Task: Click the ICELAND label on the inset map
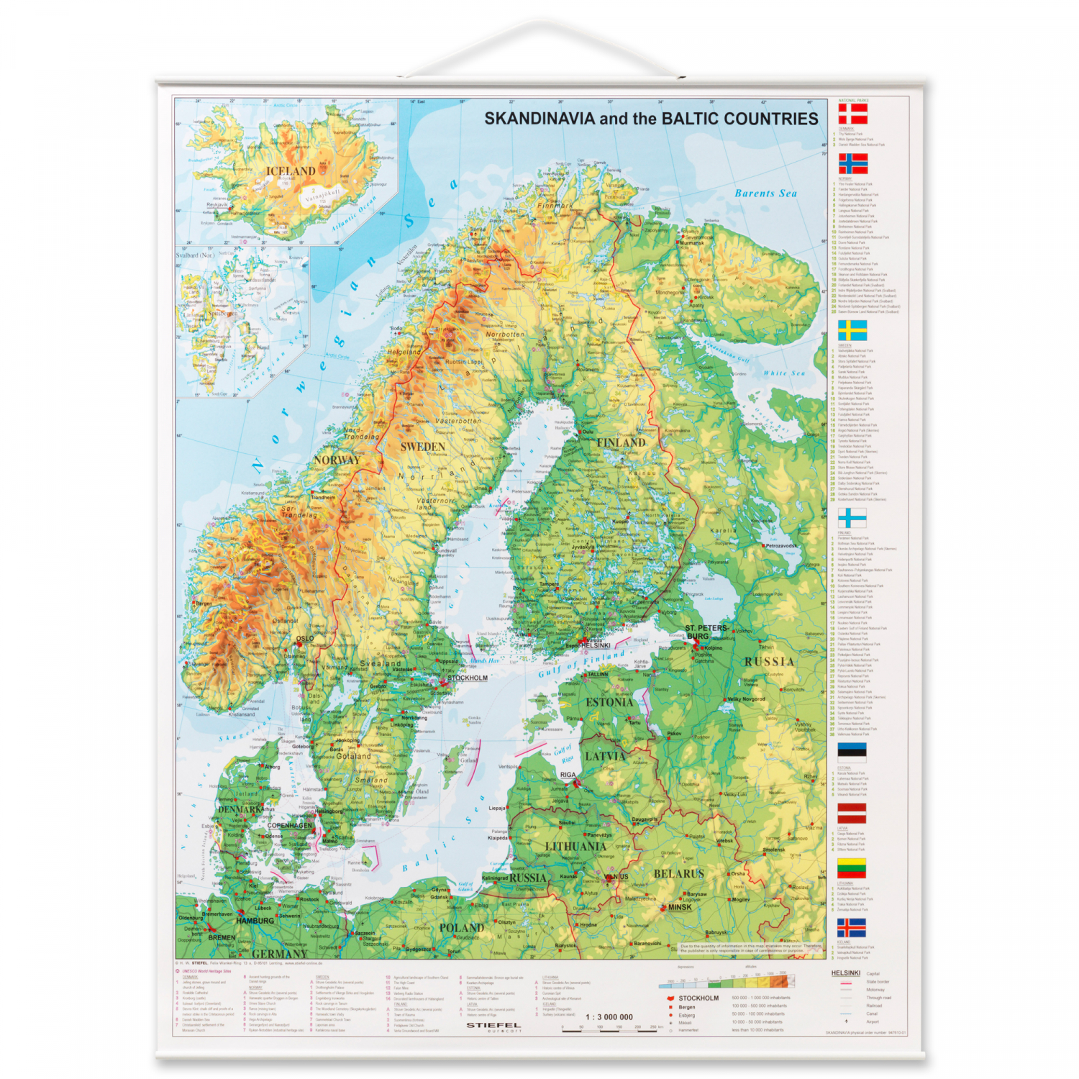tap(291, 171)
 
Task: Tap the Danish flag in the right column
tap(852, 114)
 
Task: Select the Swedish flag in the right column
tap(852, 330)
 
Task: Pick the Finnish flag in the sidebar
tap(852, 518)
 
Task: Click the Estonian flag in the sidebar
tap(852, 752)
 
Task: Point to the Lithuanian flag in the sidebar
tap(852, 868)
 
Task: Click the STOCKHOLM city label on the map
tap(468, 678)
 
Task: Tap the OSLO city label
tap(305, 638)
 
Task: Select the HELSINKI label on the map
tap(596, 645)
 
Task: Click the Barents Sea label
tap(765, 194)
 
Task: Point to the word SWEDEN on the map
tap(423, 447)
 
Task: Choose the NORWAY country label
tap(337, 460)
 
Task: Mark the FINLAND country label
tap(621, 442)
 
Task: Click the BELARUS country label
tap(678, 873)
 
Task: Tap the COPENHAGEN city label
tap(290, 825)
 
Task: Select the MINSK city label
tap(680, 907)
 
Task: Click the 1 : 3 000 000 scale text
tap(609, 1016)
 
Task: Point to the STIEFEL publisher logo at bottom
tap(493, 1025)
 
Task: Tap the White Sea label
tap(784, 373)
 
